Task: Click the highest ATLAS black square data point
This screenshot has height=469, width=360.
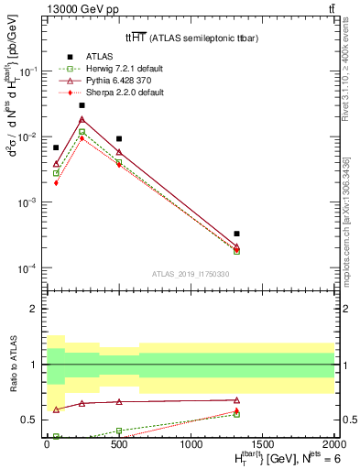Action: (x=82, y=105)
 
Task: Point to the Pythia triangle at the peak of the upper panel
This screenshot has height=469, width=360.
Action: (x=82, y=119)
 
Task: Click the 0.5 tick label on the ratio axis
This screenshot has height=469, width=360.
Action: (x=29, y=420)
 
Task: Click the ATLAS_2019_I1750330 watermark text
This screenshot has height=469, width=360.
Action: (x=191, y=276)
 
